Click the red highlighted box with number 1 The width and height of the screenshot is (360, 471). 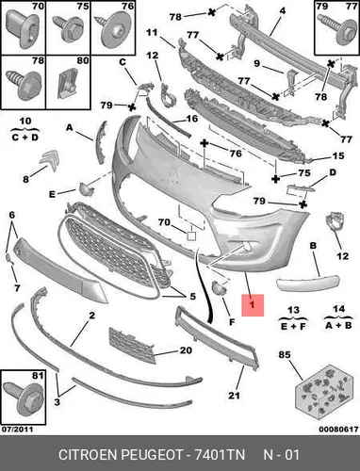coord(253,305)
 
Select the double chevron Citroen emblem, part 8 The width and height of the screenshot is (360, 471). coord(50,160)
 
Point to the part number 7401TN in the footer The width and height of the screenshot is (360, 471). coord(220,455)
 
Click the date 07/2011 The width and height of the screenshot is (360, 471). coord(17,429)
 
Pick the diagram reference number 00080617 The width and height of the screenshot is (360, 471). coord(338,429)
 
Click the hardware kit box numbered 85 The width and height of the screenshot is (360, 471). coord(323,392)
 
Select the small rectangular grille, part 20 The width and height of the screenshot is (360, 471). coord(132,345)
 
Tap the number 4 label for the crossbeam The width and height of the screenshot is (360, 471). coord(283,11)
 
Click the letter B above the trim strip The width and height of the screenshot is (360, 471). coord(313,246)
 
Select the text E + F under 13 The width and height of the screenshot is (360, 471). coord(293,326)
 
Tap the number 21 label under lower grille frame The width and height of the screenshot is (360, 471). coord(234,395)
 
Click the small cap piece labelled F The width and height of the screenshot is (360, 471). coord(219,288)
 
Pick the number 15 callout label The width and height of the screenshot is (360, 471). coord(338,155)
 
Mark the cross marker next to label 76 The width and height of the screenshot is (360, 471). coord(205,144)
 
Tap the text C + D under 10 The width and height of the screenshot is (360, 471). coord(25,138)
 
